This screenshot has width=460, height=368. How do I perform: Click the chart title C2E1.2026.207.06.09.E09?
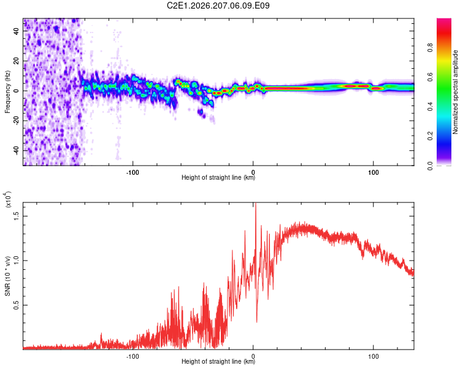[x=218, y=6]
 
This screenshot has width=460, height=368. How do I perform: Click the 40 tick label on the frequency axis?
[x=17, y=31]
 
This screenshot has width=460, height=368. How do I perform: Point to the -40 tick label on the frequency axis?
[x=17, y=151]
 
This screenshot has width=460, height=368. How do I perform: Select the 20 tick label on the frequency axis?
[x=17, y=61]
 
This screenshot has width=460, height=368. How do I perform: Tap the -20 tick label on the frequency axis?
[x=17, y=121]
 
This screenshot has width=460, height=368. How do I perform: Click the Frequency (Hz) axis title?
[x=7, y=92]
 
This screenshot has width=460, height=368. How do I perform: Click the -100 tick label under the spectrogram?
[x=132, y=172]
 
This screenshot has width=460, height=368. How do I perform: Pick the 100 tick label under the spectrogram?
[x=373, y=172]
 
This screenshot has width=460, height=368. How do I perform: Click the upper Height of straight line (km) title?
[x=218, y=177]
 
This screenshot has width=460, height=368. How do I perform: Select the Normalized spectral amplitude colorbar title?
[x=455, y=92]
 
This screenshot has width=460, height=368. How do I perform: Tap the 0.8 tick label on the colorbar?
[x=430, y=48]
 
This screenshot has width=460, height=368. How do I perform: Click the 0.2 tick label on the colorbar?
[x=430, y=136]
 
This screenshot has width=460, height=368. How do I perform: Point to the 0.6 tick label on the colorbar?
[x=430, y=77]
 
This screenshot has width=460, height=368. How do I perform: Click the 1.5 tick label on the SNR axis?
[x=17, y=216]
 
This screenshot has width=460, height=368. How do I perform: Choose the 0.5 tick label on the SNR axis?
[x=17, y=305]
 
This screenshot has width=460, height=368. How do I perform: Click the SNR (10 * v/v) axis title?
[x=7, y=276]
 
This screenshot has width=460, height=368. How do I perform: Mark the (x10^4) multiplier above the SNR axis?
[x=8, y=199]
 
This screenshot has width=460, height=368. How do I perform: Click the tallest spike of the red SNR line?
[x=256, y=203]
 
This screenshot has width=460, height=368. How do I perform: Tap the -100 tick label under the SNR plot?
[x=132, y=356]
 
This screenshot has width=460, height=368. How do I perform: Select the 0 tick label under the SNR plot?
[x=253, y=356]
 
